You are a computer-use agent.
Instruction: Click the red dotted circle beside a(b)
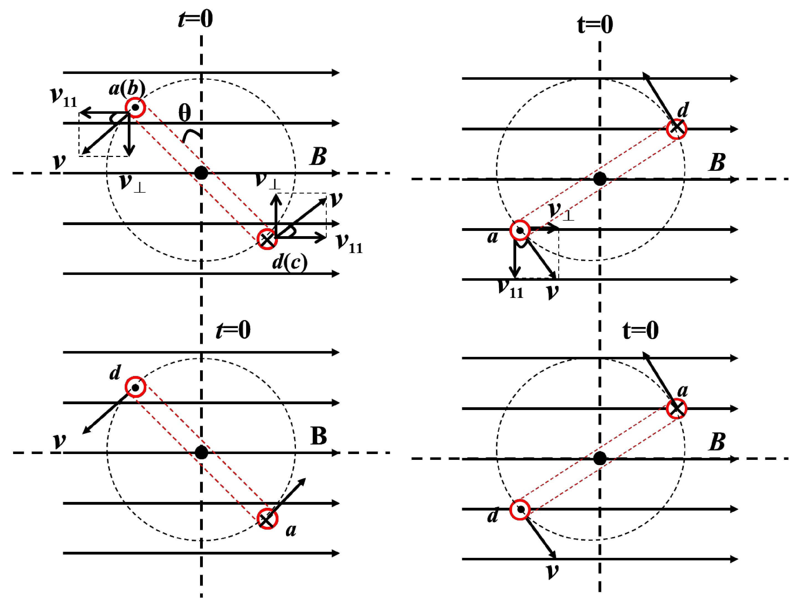[x=135, y=107]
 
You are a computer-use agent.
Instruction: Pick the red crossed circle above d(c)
[x=267, y=239]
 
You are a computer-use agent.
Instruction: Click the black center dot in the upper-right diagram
[x=600, y=179]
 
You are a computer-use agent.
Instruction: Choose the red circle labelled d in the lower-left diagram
[x=135, y=387]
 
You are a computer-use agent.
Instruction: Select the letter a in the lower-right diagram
[x=682, y=391]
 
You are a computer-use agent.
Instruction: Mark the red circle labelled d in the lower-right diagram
[x=520, y=509]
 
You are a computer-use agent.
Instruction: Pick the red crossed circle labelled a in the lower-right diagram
[x=676, y=409]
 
